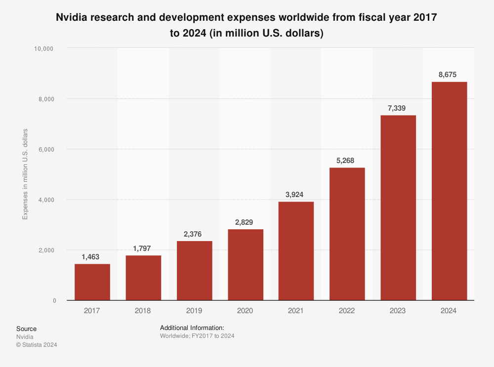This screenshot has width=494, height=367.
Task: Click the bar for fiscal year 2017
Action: pyautogui.click(x=92, y=282)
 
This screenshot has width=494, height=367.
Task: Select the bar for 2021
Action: pyautogui.click(x=296, y=251)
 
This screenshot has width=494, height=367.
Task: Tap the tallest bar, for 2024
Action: pyautogui.click(x=449, y=191)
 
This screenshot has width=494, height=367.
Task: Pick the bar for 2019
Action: pyautogui.click(x=194, y=271)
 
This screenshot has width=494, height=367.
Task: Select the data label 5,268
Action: pyautogui.click(x=347, y=161)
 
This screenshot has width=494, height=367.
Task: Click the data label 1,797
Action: pyautogui.click(x=143, y=248)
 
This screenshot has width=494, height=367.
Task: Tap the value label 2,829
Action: pyautogui.click(x=245, y=222)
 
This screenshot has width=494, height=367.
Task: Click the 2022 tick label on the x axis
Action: pyautogui.click(x=347, y=311)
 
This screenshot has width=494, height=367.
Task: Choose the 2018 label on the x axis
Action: pyautogui.click(x=143, y=311)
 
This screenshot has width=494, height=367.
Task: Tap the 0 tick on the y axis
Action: pyautogui.click(x=54, y=300)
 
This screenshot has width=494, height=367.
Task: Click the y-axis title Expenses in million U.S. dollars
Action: pyautogui.click(x=25, y=174)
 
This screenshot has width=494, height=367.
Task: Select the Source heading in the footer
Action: pyautogui.click(x=26, y=329)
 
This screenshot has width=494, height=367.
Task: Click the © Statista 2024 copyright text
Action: pyautogui.click(x=37, y=345)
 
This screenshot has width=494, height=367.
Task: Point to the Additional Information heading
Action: pyautogui.click(x=192, y=328)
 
